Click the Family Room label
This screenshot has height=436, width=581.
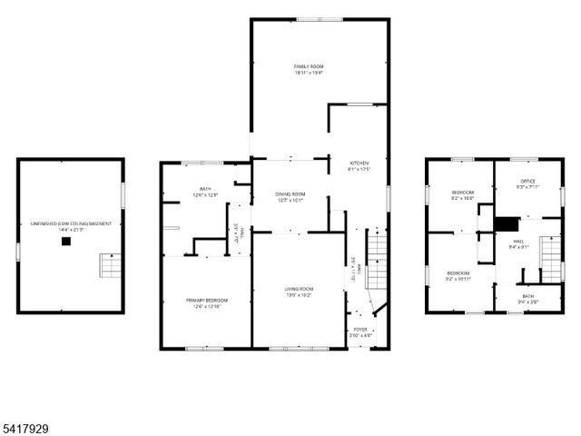point(309,67)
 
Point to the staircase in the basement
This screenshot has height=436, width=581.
point(110,267)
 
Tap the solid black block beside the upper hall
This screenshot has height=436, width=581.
point(506,223)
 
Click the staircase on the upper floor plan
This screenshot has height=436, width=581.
point(551,258)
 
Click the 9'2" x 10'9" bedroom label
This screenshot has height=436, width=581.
point(463,195)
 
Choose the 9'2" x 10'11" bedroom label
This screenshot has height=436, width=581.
point(458,276)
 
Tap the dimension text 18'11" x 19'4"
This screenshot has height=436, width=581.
point(309,73)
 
